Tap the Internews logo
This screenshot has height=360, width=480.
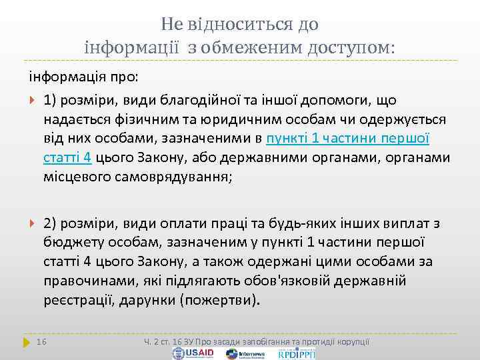[x=251, y=353]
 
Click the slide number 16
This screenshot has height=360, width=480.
[x=42, y=342]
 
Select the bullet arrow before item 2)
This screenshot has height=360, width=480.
[x=33, y=223]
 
